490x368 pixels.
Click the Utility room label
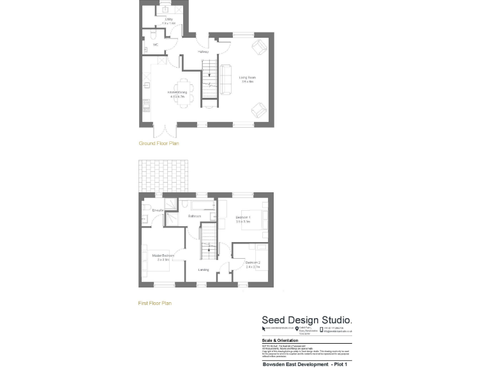(x=169, y=19)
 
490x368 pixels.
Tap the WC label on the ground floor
(x=155, y=45)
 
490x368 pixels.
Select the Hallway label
(x=204, y=51)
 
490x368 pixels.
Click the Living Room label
(x=247, y=79)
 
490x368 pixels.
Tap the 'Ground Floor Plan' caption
(x=159, y=144)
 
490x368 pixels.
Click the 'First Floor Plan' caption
(x=155, y=303)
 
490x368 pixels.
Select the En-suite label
(x=158, y=210)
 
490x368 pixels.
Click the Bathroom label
(x=195, y=217)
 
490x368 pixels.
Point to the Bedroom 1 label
(x=243, y=219)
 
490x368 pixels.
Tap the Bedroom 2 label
(x=253, y=263)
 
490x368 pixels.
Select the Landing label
(x=204, y=270)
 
